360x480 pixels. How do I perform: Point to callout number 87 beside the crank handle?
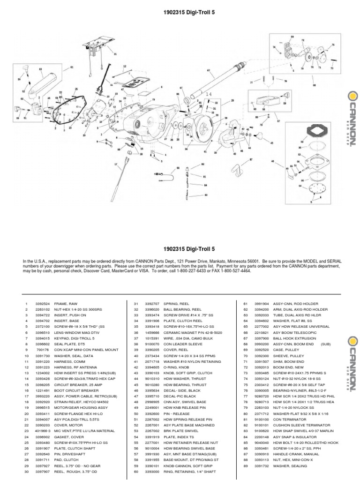pos(251,159)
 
